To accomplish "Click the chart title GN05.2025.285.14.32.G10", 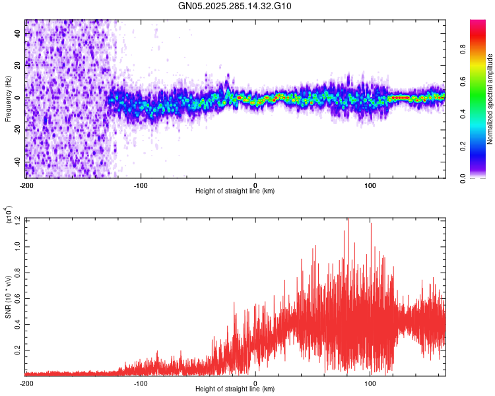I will click(235, 6).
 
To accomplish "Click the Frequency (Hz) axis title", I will click(7, 98).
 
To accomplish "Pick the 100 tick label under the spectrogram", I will click(370, 184).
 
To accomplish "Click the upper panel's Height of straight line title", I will click(235, 191).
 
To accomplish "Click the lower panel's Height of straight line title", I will click(235, 389).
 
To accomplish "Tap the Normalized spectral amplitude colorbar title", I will click(490, 99).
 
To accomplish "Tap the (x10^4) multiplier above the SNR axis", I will click(8, 214).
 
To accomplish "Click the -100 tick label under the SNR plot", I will click(141, 382).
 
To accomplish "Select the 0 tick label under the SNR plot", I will click(255, 382).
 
